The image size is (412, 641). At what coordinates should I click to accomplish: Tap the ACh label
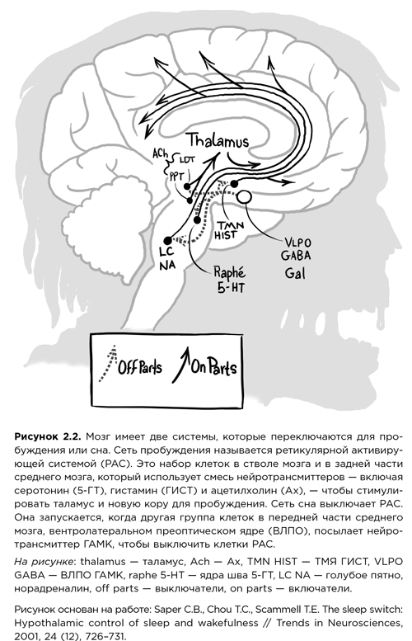point(160,153)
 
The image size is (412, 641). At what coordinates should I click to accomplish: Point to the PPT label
point(176,174)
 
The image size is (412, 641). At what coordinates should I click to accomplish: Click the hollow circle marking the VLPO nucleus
point(246,196)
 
